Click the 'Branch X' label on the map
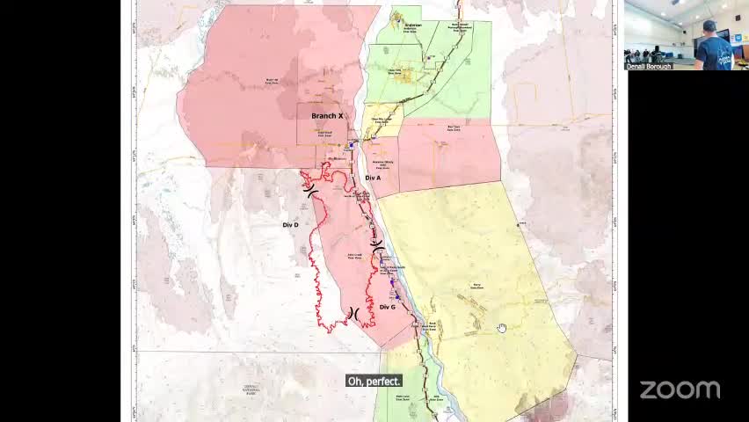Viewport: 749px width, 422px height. coord(327,116)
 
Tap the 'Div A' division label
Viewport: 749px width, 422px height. coord(373,178)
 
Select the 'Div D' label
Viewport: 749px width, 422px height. coord(291,225)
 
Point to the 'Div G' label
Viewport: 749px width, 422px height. coord(388,307)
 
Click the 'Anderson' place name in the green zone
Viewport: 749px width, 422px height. coord(412,25)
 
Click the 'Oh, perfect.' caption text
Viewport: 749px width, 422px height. coord(374,381)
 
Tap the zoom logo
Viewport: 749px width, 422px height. coord(680,389)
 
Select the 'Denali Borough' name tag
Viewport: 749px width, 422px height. coord(649,66)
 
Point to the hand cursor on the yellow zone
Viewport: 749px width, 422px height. coord(501,328)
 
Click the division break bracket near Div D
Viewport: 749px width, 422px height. coord(310,188)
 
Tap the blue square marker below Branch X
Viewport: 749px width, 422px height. coord(353,143)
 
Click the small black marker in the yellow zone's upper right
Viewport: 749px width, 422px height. coord(519,224)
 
